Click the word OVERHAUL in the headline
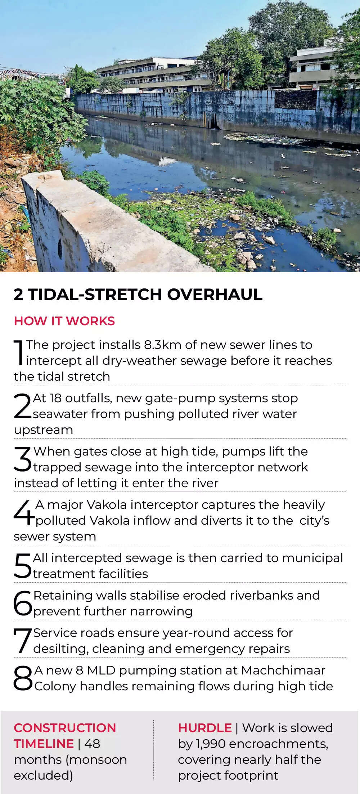tap(215, 294)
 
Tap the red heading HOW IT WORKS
tap(64, 321)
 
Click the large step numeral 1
tap(19, 353)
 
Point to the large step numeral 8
tap(23, 678)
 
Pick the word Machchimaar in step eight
tap(283, 670)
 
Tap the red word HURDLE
tap(205, 728)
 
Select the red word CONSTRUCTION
tap(65, 728)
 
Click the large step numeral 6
tap(23, 603)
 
